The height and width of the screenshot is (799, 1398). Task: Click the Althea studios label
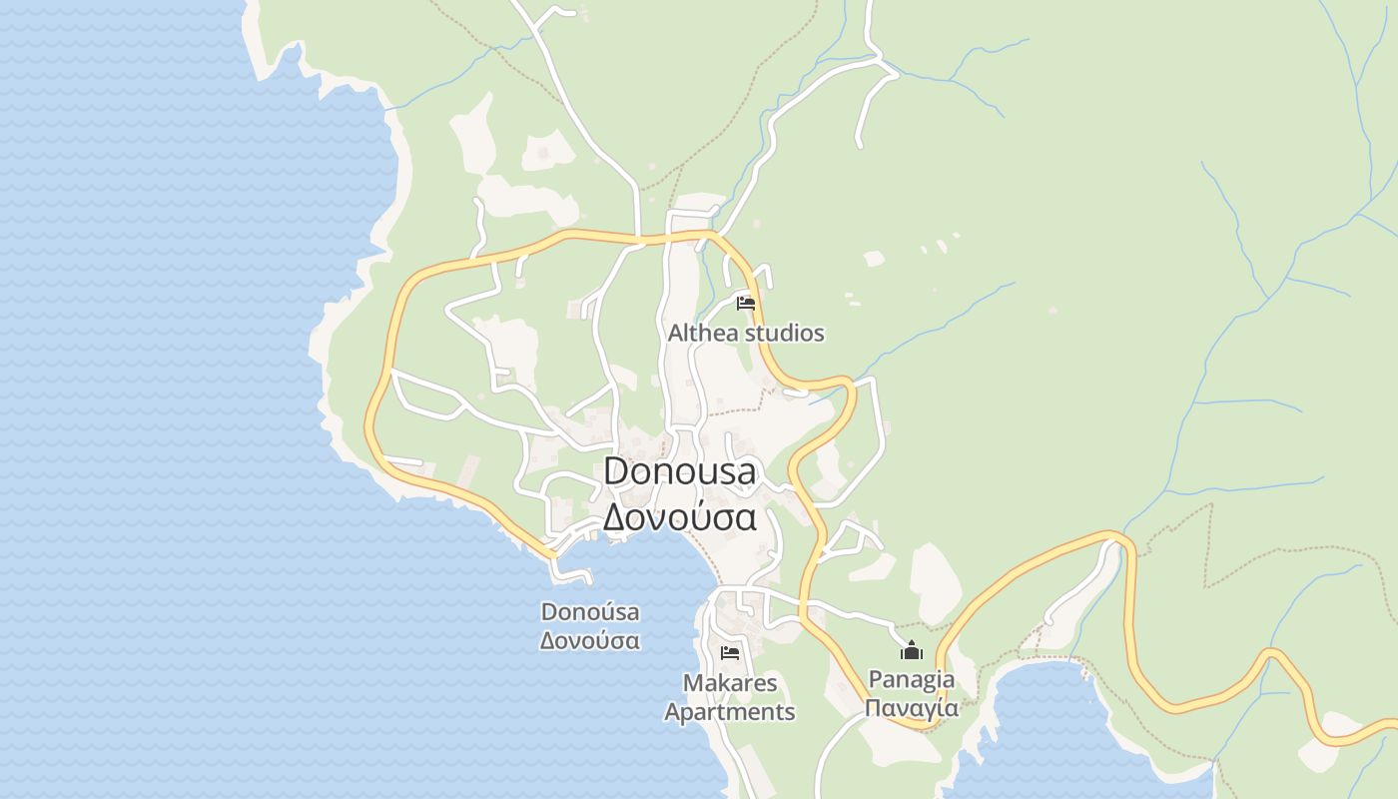(x=746, y=333)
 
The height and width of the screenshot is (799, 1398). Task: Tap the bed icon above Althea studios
(x=746, y=303)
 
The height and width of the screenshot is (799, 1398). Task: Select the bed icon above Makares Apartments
(x=730, y=653)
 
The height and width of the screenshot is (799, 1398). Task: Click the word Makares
(x=730, y=683)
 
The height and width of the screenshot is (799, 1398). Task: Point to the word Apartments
(x=730, y=712)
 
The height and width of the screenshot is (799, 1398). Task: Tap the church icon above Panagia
(x=911, y=651)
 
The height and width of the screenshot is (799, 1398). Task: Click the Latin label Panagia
(x=911, y=679)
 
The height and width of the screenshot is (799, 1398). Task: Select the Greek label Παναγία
(x=911, y=708)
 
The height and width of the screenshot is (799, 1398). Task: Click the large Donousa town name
(x=680, y=471)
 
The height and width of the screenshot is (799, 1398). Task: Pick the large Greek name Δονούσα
(x=680, y=517)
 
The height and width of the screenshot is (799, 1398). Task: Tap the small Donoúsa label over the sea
(x=590, y=611)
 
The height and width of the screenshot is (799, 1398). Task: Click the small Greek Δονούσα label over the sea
(x=590, y=640)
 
